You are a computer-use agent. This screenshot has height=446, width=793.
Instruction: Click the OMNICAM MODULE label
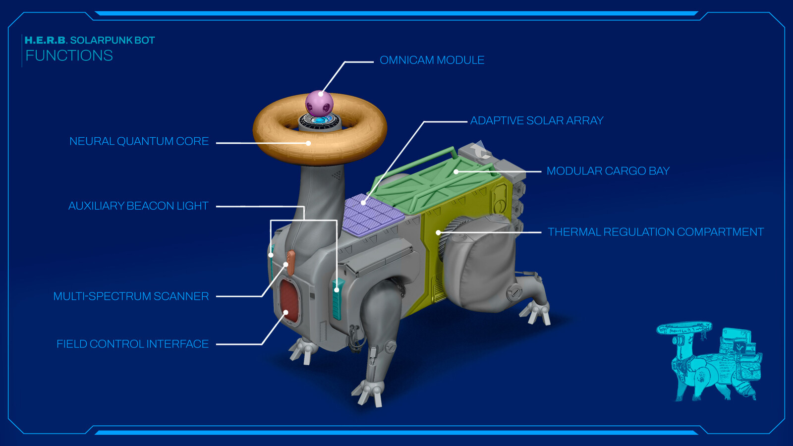pyautogui.click(x=432, y=60)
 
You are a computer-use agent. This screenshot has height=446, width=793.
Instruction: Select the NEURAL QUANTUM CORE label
pyautogui.click(x=139, y=142)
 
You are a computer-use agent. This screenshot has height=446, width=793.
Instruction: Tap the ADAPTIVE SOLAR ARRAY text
pyautogui.click(x=536, y=121)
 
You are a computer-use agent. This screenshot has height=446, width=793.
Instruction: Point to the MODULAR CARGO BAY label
pyautogui.click(x=608, y=171)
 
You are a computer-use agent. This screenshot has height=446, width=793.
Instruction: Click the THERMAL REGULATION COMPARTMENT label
pyautogui.click(x=655, y=232)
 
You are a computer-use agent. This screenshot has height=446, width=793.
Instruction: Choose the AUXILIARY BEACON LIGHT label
pyautogui.click(x=138, y=206)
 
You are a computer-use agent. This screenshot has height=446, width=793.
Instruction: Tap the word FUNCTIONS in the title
pyautogui.click(x=69, y=56)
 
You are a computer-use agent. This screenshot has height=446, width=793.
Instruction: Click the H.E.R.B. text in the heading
pyautogui.click(x=45, y=41)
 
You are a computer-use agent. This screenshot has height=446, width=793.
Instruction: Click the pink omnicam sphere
pyautogui.click(x=319, y=103)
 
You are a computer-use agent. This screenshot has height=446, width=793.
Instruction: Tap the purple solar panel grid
pyautogui.click(x=372, y=215)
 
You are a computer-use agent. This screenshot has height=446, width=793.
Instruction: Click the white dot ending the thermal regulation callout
pyautogui.click(x=438, y=232)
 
